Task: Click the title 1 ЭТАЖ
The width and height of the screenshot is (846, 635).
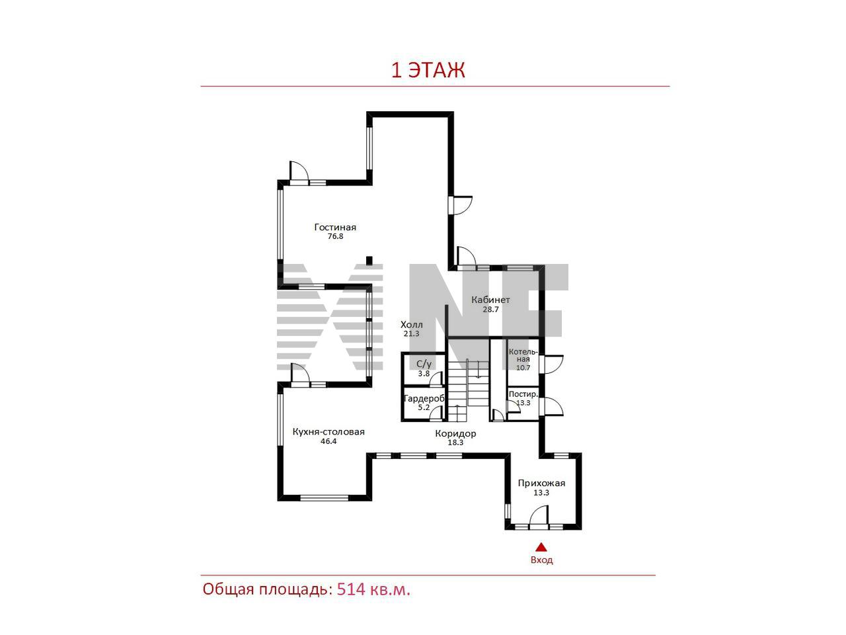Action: tap(428, 71)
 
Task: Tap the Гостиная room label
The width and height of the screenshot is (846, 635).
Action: tap(335, 227)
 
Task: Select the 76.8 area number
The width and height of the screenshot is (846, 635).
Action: tap(335, 236)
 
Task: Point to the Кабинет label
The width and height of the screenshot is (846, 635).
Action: tap(490, 300)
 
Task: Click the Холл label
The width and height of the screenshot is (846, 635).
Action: tap(411, 325)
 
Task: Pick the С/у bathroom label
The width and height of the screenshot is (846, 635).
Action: tap(424, 364)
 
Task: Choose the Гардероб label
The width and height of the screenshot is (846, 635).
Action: tap(424, 399)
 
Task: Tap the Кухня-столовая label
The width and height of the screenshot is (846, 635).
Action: tap(328, 432)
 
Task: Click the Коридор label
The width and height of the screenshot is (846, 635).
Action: tap(455, 433)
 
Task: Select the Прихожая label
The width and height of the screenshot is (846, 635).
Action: tap(541, 484)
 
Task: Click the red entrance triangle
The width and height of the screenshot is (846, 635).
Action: tap(541, 547)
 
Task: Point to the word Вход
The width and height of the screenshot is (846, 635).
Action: tap(541, 560)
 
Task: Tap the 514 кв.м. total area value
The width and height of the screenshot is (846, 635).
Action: tap(373, 589)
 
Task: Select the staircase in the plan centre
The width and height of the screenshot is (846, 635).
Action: tap(467, 390)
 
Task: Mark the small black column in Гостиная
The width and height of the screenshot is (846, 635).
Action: tap(369, 261)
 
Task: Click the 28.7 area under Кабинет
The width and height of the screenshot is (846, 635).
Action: tap(490, 309)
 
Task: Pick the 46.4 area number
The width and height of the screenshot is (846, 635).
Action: tap(328, 441)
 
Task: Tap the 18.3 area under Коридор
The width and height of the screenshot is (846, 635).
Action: tap(455, 443)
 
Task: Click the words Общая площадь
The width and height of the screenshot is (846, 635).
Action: tap(267, 589)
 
